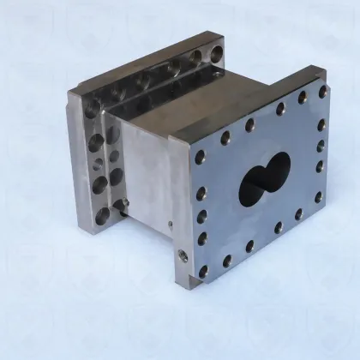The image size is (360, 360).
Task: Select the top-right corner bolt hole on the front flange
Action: pos(323,91)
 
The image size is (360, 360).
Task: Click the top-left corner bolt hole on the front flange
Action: pos(200,158)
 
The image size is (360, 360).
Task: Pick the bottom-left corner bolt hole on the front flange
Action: pos(204,271)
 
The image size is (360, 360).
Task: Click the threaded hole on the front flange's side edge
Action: pos(182,255)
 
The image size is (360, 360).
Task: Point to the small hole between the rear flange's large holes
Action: pos(101,162)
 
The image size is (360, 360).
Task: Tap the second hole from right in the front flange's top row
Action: pos(303,98)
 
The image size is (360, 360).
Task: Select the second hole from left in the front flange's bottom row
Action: pos(227,261)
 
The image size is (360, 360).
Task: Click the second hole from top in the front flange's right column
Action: pos(322,125)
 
